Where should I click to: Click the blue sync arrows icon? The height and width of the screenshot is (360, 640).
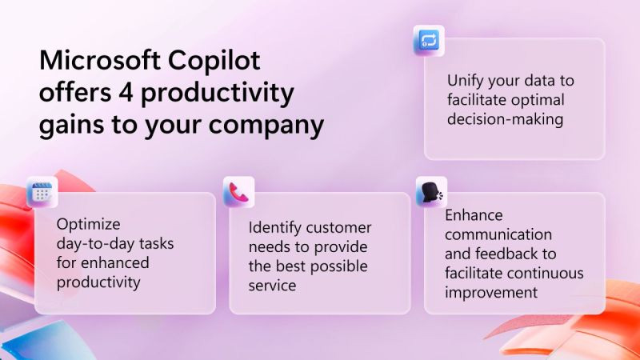click(x=428, y=40)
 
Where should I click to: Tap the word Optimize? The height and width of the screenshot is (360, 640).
click(x=89, y=225)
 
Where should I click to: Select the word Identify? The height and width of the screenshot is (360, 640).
click(x=276, y=227)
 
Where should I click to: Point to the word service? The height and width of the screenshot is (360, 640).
click(x=272, y=284)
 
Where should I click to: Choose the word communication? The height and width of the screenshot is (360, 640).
click(x=498, y=234)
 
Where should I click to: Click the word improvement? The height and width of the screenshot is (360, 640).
click(x=491, y=292)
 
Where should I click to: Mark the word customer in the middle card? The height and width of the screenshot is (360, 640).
click(x=341, y=227)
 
